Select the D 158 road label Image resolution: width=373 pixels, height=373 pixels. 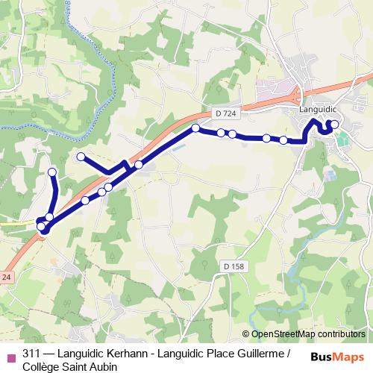coord(233,266)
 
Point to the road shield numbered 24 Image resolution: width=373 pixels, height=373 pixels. coord(6,277)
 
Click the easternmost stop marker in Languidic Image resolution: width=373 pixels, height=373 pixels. coord(334,125)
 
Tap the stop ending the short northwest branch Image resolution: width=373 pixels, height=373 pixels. coord(81,157)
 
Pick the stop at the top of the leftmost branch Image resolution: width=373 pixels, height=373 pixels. coord(52,172)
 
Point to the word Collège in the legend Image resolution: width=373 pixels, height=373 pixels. coord(43,366)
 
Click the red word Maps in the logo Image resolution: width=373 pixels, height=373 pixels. coord(349,357)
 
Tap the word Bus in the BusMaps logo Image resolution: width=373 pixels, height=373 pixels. coord(323,357)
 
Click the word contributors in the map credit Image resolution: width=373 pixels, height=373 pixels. coord(342,335)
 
